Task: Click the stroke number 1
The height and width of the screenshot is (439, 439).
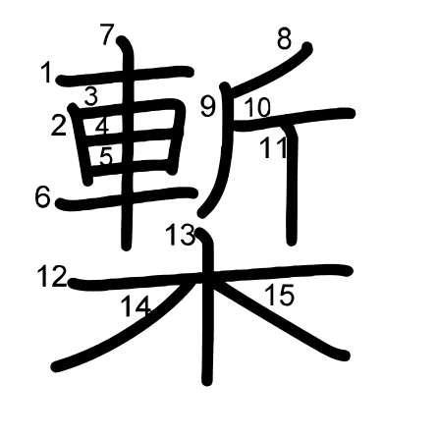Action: coord(46,72)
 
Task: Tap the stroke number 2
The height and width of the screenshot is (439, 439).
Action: coord(59,125)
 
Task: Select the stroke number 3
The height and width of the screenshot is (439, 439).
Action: coord(91,96)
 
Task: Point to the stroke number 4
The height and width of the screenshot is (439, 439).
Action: coord(102,126)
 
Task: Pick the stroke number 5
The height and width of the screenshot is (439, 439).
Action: coord(106,155)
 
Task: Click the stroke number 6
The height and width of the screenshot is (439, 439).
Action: coord(42,197)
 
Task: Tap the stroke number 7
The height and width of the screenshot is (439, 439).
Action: coord(108,35)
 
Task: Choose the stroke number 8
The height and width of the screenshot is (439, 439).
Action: coord(285,39)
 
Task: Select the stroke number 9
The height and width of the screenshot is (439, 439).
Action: coord(208,107)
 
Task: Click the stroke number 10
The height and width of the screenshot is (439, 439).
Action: coord(256,108)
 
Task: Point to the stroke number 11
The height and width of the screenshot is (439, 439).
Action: coord(274,148)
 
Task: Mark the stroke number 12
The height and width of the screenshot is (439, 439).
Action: coord(51,277)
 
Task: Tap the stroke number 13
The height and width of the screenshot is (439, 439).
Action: coord(180,236)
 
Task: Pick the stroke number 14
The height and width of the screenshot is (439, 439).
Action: coord(136,306)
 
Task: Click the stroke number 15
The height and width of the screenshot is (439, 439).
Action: coord(280,295)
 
